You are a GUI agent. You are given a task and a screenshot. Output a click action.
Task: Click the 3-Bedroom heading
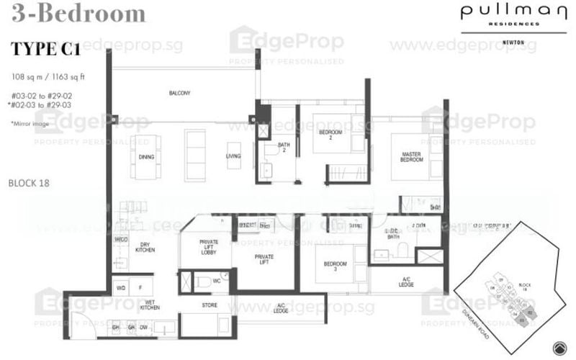78,13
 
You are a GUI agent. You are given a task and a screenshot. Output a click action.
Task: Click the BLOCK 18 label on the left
29,183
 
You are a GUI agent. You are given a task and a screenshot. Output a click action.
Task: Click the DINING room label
146,156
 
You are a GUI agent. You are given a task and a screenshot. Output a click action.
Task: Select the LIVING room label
233,156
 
